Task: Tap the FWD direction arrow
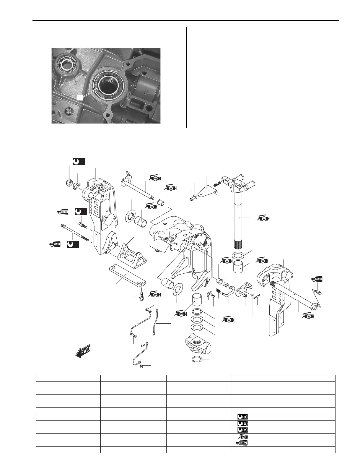(x=83, y=351)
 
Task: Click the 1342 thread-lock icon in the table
(x=241, y=443)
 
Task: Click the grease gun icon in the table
(x=242, y=436)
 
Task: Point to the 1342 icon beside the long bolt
(x=55, y=244)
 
